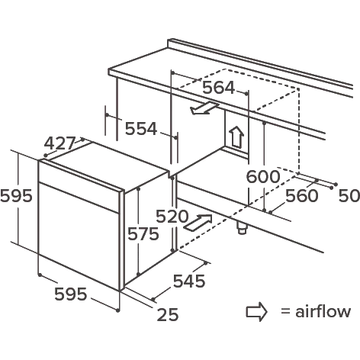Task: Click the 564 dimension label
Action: (x=218, y=88)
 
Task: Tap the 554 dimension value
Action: (x=141, y=129)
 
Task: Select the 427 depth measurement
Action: (x=60, y=143)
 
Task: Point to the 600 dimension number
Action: (x=263, y=176)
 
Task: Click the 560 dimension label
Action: (x=302, y=196)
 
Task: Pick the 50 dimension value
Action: (x=349, y=196)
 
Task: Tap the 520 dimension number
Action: (x=172, y=217)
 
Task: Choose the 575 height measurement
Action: (x=143, y=233)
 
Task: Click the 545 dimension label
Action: (x=189, y=281)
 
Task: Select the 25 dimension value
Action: (x=168, y=315)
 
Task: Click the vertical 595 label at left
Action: (x=16, y=196)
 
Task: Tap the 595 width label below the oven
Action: (x=71, y=294)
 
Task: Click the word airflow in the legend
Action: (x=323, y=311)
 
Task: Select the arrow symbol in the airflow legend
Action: (x=256, y=312)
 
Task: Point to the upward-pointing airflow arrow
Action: (x=236, y=137)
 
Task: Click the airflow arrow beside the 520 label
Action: (x=198, y=223)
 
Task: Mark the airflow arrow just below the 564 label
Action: (x=204, y=108)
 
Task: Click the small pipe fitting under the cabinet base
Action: (x=242, y=227)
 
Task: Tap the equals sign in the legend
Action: (x=285, y=311)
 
